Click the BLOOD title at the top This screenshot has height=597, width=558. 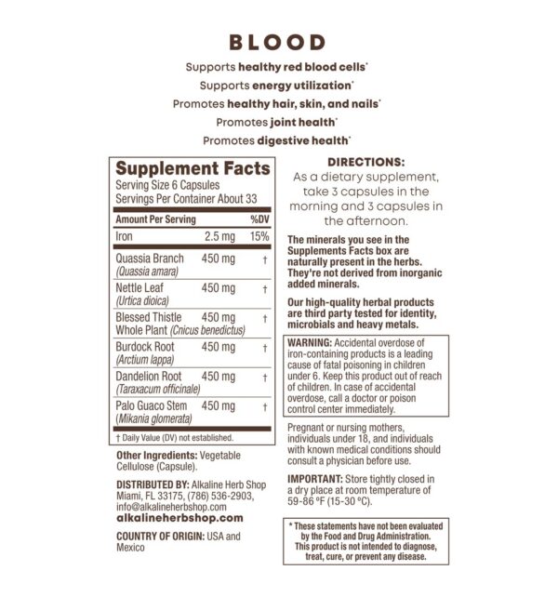(x=278, y=42)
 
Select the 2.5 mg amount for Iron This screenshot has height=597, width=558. (x=219, y=236)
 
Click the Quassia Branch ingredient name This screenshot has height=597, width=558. (x=150, y=259)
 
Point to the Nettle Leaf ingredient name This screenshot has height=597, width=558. (x=139, y=288)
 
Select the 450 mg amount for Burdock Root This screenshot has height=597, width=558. (x=219, y=347)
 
